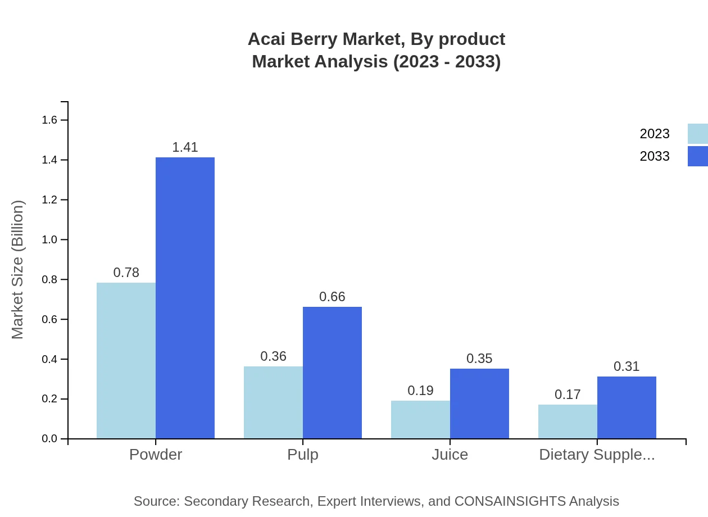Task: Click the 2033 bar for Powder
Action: [185, 298]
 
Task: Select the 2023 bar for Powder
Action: [126, 360]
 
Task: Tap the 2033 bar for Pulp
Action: [332, 373]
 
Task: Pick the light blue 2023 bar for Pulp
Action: [273, 402]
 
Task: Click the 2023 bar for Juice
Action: [420, 419]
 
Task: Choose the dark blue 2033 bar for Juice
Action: [479, 403]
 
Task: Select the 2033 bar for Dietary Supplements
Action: [627, 407]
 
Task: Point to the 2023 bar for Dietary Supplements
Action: [568, 421]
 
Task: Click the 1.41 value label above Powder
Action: [185, 147]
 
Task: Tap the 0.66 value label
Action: [332, 297]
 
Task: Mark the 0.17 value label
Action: [568, 394]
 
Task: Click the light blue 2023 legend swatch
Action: [697, 134]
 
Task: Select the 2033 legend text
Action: [655, 156]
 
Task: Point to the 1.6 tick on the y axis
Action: [50, 120]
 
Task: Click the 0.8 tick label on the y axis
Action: [50, 279]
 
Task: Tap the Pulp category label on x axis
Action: [303, 455]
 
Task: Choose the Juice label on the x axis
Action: [450, 455]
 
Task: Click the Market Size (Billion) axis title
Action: [18, 270]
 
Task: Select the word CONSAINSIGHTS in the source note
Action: [510, 501]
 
